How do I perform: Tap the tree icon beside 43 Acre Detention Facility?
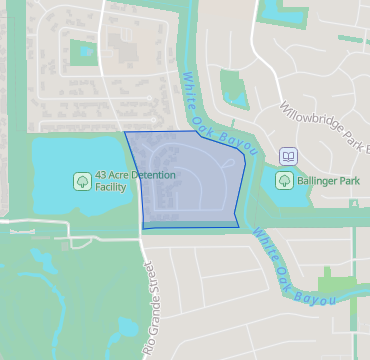pyautogui.click(x=81, y=181)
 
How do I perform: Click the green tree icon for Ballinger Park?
pyautogui.click(x=284, y=181)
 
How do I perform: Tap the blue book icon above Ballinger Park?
pyautogui.click(x=288, y=157)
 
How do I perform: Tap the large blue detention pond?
pyautogui.click(x=60, y=160)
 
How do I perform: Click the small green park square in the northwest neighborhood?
pyautogui.click(x=82, y=47)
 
